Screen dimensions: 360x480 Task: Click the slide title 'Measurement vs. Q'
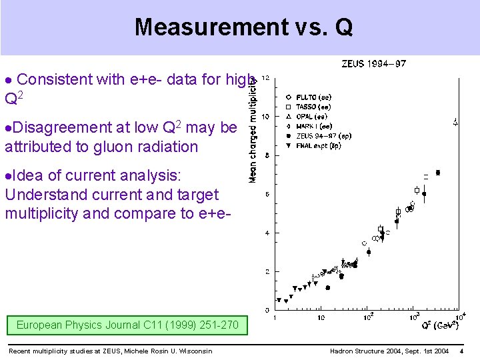(243, 27)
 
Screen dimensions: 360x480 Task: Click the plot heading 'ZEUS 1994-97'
(373, 64)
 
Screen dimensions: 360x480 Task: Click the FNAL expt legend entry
(320, 145)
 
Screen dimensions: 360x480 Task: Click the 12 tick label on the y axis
(265, 78)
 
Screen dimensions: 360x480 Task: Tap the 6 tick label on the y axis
(267, 194)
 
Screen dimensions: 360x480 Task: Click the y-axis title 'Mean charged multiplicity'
(253, 127)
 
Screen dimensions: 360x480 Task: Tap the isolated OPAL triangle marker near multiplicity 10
(455, 122)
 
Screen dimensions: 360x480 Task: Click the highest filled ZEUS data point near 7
(437, 173)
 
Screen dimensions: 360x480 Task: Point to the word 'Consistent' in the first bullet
(54, 80)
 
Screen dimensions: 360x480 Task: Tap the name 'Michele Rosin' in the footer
(138, 351)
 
